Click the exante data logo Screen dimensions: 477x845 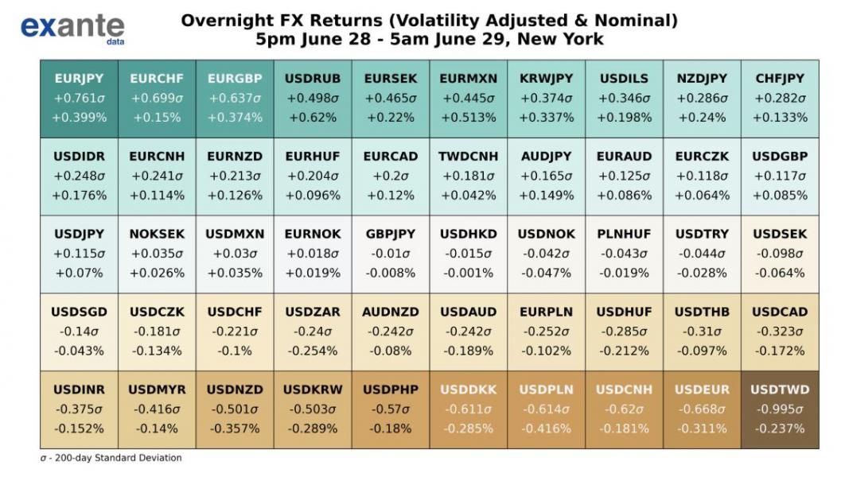[72, 28]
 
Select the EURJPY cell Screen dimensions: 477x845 [79, 98]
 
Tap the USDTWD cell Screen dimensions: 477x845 [780, 409]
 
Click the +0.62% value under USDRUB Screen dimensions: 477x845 [313, 118]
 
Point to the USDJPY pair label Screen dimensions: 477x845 [79, 235]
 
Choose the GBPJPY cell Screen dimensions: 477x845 [391, 254]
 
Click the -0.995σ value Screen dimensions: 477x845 [780, 409]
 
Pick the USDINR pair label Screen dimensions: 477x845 [79, 390]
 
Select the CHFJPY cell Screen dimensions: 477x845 [780, 98]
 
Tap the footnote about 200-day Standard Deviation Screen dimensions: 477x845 [111, 458]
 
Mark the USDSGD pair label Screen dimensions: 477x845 [79, 312]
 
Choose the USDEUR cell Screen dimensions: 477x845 [702, 409]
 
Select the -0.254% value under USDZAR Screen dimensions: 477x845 [313, 351]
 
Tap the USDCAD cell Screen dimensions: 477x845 [780, 332]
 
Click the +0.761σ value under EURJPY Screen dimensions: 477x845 [79, 99]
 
